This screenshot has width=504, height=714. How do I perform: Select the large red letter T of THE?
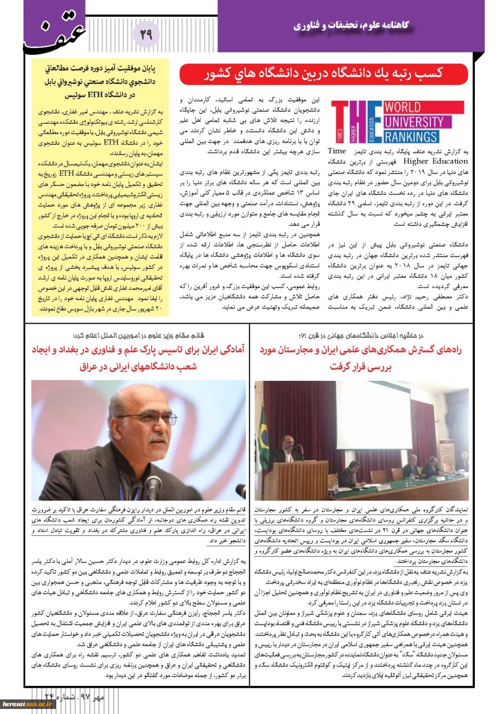[346, 122]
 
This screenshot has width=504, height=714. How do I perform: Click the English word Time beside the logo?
[337, 151]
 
